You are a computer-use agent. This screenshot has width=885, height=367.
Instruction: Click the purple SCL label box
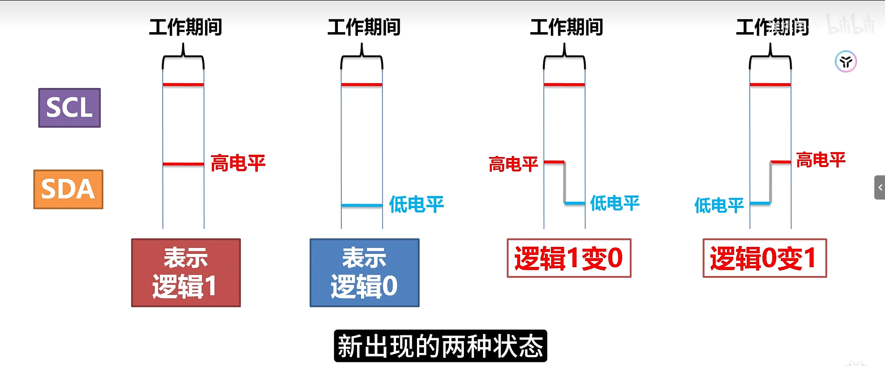[x=69, y=107]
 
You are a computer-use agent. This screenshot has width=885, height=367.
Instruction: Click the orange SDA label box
[x=68, y=189]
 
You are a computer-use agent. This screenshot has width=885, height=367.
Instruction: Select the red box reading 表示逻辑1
[x=186, y=273]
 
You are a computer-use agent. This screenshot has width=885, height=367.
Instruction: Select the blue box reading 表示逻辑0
[x=364, y=273]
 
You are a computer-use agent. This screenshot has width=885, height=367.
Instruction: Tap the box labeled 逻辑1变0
[x=569, y=258]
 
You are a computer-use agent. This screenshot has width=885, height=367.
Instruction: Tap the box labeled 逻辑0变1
[x=765, y=258]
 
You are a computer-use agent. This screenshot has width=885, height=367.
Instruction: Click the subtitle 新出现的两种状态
[x=440, y=346]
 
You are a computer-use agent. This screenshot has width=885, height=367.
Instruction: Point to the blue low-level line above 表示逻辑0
[x=362, y=205]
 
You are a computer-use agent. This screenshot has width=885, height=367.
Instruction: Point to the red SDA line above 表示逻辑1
[x=183, y=164]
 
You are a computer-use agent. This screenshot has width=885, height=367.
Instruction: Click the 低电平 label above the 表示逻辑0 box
[x=416, y=204]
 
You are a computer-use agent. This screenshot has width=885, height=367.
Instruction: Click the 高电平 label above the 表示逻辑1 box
[x=238, y=163]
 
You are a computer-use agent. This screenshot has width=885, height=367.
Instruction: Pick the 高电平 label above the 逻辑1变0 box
[x=513, y=164]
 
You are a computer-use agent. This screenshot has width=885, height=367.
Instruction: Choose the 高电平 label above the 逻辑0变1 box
[x=820, y=160]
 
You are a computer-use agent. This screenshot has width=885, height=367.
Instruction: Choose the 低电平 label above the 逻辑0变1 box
[x=719, y=205]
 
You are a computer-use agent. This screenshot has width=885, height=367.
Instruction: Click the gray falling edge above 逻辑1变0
[x=565, y=182]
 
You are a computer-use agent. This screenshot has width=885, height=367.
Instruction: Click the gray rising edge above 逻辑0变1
[x=770, y=182]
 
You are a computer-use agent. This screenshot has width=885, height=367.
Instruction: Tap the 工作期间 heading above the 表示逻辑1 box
[x=185, y=27]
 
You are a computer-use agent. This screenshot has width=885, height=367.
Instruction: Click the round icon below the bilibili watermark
[x=845, y=61]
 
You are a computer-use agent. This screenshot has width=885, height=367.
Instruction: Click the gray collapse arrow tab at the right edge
[x=879, y=187]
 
